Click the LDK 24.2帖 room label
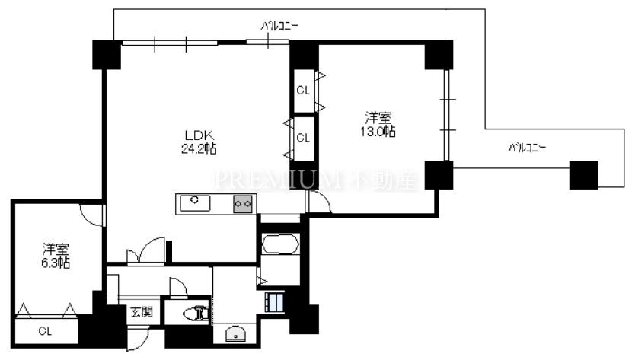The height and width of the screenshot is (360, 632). (x=199, y=142)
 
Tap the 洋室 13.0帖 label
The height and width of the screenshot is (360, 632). (x=378, y=125)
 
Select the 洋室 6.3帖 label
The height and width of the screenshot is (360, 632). (x=56, y=256)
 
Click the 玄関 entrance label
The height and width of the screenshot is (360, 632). (x=142, y=312)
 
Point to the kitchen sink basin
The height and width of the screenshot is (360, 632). (x=195, y=203)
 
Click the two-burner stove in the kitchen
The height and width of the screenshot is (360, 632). (x=243, y=204)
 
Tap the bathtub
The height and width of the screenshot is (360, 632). (x=280, y=244)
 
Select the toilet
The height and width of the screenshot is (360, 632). (x=196, y=314)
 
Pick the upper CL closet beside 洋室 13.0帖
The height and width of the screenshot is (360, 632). (x=304, y=91)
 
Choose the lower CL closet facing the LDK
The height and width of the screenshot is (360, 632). (x=304, y=138)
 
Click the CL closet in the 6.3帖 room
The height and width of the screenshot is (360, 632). (x=45, y=331)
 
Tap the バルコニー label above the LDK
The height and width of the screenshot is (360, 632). (x=279, y=26)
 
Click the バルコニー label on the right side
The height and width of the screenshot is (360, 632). (x=527, y=148)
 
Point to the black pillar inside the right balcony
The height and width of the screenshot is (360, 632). (x=583, y=175)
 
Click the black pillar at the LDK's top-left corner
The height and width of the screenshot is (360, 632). (x=107, y=55)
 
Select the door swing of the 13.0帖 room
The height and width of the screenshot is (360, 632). (x=319, y=202)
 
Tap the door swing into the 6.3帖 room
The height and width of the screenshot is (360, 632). (x=92, y=215)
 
